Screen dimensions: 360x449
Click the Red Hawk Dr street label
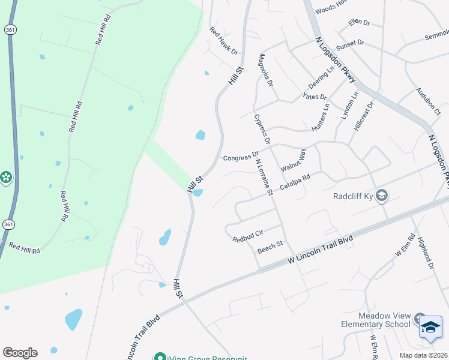[x=224, y=40]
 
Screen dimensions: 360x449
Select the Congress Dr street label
[x=241, y=157]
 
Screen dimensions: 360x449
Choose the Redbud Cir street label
[x=248, y=236]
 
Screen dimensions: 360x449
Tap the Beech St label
[x=270, y=247]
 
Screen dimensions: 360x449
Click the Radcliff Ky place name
[x=353, y=196]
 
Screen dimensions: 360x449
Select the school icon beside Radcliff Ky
[x=382, y=196]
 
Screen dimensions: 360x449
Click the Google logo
[x=20, y=353]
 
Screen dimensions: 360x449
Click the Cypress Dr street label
[x=262, y=129]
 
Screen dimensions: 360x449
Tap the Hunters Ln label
[x=321, y=118]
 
